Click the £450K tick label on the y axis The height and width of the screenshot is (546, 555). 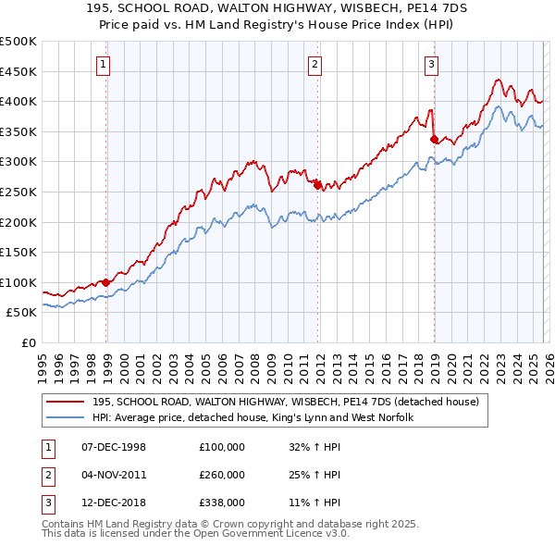point(18,71)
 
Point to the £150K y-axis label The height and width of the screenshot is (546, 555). point(18,252)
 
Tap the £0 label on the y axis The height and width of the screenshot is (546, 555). point(29,342)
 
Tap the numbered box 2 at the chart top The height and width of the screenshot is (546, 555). point(314,64)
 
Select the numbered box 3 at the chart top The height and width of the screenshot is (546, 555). point(431,64)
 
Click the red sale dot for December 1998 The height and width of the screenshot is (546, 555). point(106,282)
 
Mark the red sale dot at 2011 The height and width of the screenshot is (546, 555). point(317,185)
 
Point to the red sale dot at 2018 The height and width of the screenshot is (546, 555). point(434,139)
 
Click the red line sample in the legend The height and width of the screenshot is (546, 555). point(68,403)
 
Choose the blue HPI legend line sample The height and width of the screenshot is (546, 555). point(68,418)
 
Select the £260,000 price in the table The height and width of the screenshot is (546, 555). point(222,475)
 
